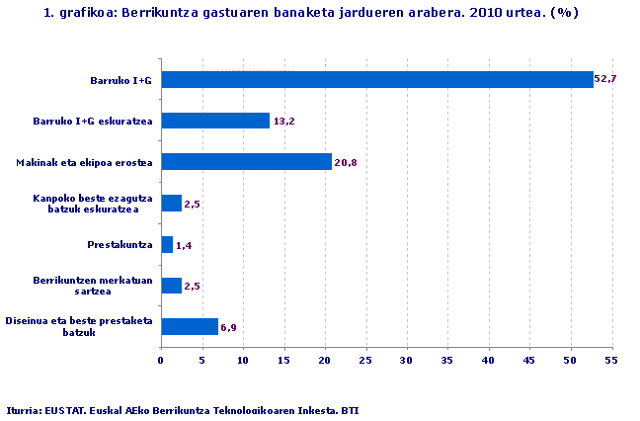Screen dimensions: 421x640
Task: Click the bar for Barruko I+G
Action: click(376, 79)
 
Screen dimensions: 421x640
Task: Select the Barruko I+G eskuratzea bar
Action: click(215, 121)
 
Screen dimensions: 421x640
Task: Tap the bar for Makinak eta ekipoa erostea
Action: click(246, 162)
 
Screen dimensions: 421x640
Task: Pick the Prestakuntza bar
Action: click(167, 244)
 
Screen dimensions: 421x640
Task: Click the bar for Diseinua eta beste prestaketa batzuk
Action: click(190, 326)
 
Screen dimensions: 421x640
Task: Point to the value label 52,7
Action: click(605, 78)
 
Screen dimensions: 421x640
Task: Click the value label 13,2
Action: click(284, 122)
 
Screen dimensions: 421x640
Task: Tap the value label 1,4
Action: click(185, 245)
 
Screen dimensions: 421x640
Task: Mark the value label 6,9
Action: click(228, 327)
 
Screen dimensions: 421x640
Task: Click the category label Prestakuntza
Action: click(120, 244)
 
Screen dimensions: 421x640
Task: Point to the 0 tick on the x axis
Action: click(161, 361)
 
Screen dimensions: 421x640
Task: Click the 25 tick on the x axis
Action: click(365, 361)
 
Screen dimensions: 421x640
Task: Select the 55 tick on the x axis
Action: click(610, 361)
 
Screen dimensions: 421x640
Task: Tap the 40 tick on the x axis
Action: click(488, 361)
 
